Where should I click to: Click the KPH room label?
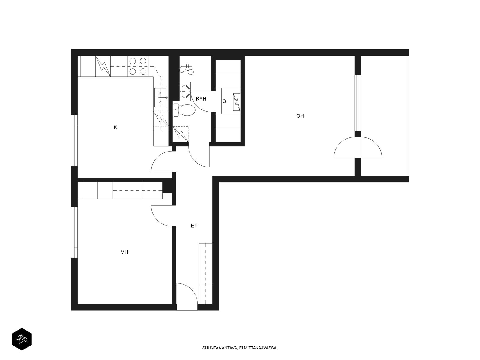pos(201,99)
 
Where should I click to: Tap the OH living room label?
pos(300,116)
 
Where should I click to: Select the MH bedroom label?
pos(124,252)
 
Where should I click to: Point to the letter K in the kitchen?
pos(115,127)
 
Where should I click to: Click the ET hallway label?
pos(194,226)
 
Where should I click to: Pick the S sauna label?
pos(224,101)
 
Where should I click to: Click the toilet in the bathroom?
pos(184,110)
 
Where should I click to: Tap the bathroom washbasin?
pos(185,91)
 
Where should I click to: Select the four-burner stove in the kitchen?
pos(138,66)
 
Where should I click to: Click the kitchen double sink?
pos(160,98)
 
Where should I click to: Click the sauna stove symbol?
pos(236,102)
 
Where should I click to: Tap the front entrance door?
pos(187,296)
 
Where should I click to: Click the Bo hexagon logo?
pos(22,339)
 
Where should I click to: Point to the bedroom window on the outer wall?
pos(75,232)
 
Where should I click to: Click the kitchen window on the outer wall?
pos(75,140)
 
